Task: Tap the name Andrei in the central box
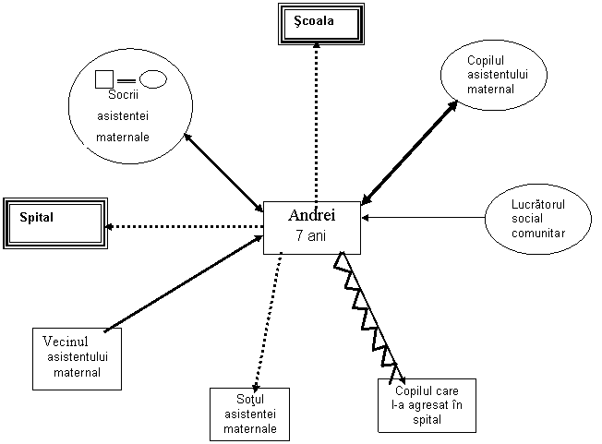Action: [312, 215]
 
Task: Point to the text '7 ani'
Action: [310, 235]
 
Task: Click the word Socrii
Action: [123, 95]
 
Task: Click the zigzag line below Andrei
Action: [367, 318]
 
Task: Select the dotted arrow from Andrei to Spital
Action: [184, 226]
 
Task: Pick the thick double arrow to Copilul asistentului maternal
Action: [410, 152]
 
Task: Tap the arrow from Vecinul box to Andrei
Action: [184, 283]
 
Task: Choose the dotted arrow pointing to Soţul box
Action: [269, 322]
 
